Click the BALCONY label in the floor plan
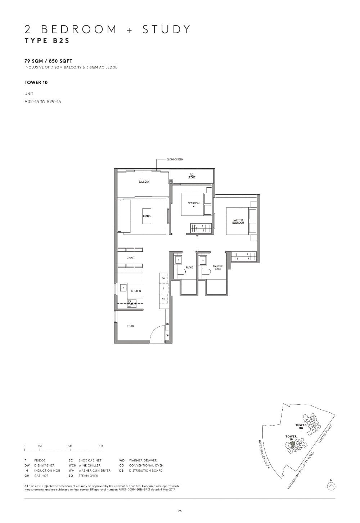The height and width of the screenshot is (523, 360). [144, 182]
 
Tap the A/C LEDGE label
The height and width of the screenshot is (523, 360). [192, 176]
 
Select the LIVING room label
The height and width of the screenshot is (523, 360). [147, 216]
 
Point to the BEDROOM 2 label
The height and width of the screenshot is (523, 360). [193, 204]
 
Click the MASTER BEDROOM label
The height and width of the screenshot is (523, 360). [238, 222]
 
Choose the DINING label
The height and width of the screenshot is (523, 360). [130, 258]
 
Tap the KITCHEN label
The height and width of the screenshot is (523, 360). [136, 291]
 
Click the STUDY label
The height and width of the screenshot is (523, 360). [130, 326]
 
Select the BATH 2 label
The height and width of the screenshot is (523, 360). [189, 268]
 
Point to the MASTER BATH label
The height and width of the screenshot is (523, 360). [218, 268]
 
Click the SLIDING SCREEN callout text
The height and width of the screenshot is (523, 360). [175, 159]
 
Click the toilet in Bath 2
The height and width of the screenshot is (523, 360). [180, 272]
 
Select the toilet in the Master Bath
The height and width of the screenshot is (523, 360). [206, 272]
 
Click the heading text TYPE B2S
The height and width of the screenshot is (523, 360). [47, 40]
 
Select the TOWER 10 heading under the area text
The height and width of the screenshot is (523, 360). [36, 82]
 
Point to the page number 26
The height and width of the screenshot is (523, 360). [180, 511]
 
